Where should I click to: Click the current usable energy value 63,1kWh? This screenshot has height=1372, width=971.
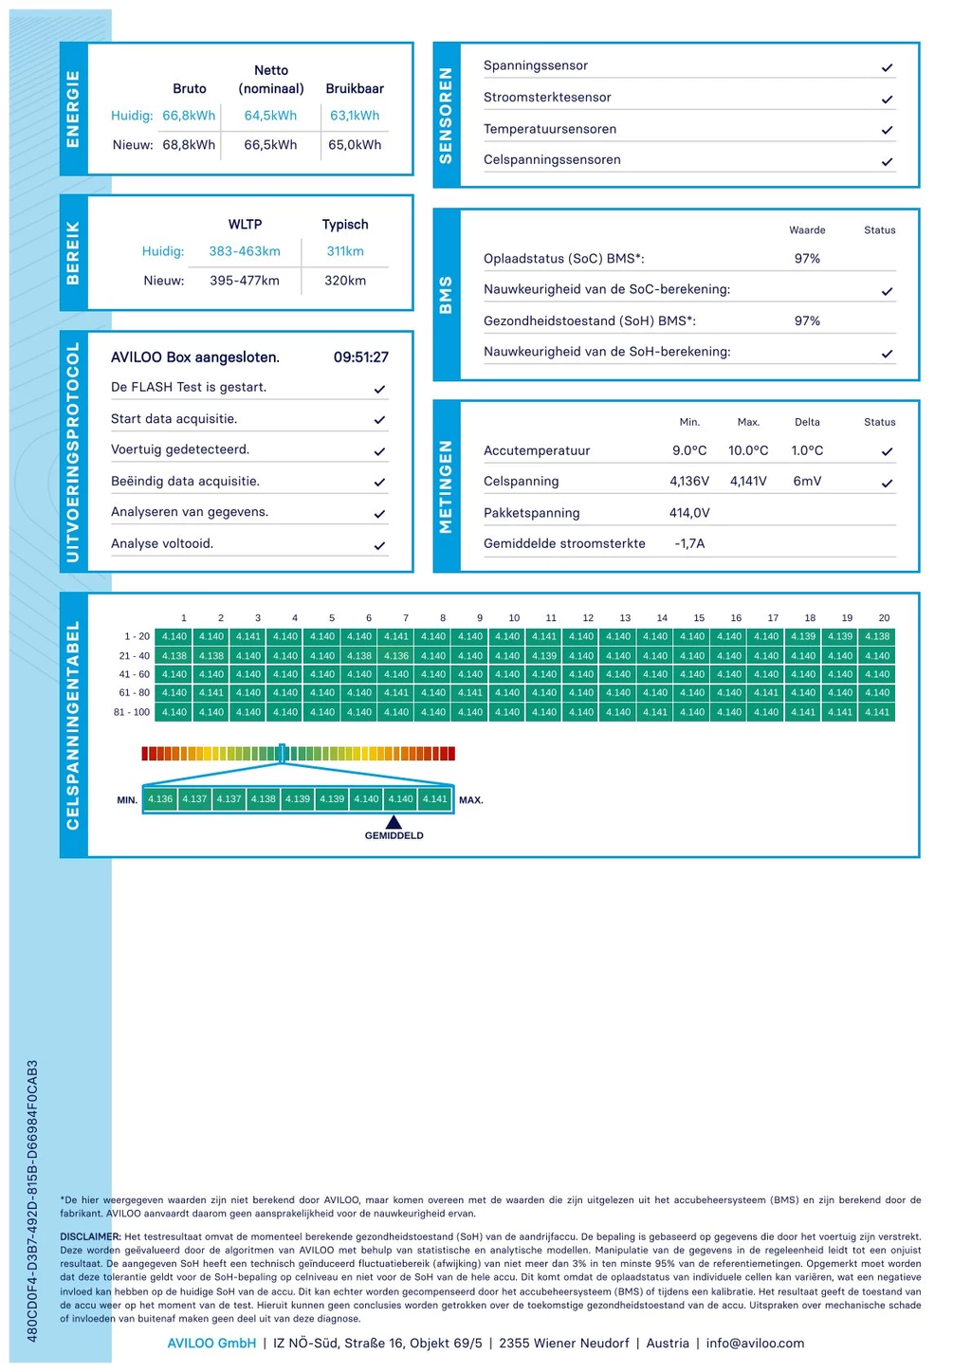click(355, 116)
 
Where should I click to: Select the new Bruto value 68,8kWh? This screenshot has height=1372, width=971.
click(189, 145)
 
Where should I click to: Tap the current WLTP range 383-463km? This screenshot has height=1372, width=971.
click(245, 251)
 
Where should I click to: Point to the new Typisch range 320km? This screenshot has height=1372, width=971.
click(345, 281)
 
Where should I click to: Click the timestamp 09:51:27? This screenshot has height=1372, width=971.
click(360, 357)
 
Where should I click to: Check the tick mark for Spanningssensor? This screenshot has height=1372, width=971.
click(887, 68)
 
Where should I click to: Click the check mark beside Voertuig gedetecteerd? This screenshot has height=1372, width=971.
click(379, 451)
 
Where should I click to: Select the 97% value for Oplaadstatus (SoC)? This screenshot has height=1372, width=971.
click(807, 259)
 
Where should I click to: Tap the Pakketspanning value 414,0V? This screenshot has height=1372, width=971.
click(689, 513)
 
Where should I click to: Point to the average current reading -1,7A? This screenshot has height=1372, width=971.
click(689, 543)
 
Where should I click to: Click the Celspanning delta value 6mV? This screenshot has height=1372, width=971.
click(807, 482)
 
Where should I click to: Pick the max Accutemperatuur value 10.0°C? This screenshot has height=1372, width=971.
click(748, 450)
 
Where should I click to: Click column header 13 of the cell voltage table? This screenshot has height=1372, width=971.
click(625, 618)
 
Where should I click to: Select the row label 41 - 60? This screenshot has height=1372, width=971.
click(134, 674)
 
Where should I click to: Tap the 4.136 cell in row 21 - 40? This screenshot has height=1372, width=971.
click(396, 656)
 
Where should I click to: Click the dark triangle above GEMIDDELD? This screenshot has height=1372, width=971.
click(394, 822)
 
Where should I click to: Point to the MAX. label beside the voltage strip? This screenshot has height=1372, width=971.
click(471, 800)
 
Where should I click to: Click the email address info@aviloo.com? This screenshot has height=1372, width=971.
click(755, 1343)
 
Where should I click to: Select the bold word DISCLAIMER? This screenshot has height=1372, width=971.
click(90, 1236)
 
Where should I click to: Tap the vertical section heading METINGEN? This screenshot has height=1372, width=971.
click(447, 486)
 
